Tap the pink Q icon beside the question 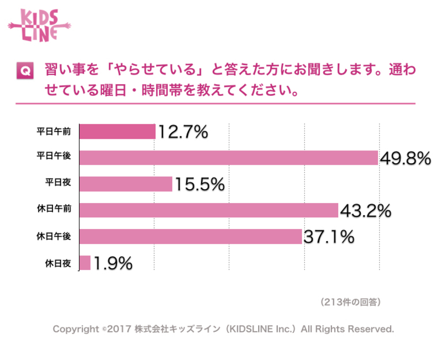(24, 71)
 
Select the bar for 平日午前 (118, 132)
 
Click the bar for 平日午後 (229, 158)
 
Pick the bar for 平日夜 (126, 184)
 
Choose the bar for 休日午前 (209, 210)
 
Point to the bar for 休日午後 (191, 237)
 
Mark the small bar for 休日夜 (85, 263)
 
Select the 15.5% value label (199, 185)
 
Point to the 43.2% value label (365, 211)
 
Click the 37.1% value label (328, 237)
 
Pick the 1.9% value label (113, 264)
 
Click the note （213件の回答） (350, 302)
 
